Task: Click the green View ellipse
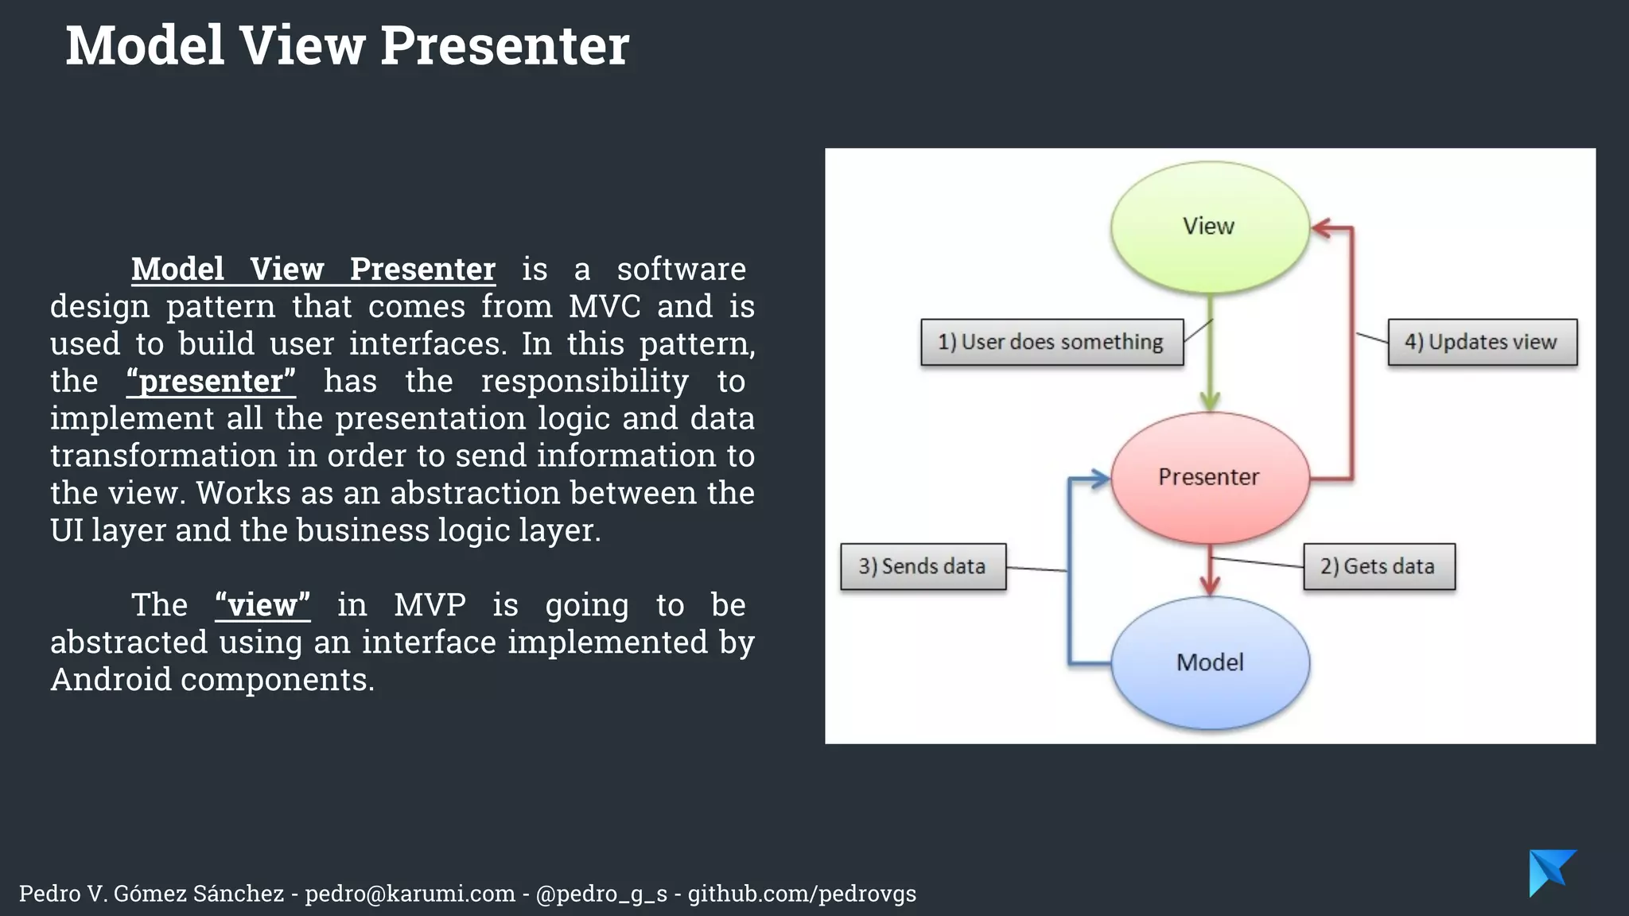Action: point(1209,227)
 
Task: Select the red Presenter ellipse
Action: point(1209,477)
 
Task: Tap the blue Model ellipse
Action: point(1210,662)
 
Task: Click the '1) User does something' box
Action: point(1052,342)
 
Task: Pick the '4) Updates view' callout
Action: point(1482,342)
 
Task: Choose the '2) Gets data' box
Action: point(1378,566)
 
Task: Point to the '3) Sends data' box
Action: point(923,566)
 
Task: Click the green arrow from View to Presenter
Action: point(1210,358)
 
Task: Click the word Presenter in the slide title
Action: point(504,45)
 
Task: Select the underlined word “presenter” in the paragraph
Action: point(211,381)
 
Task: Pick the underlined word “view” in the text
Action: point(262,605)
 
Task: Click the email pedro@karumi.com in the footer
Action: point(410,894)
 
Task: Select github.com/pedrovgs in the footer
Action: point(802,894)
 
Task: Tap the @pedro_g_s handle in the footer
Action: point(601,894)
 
